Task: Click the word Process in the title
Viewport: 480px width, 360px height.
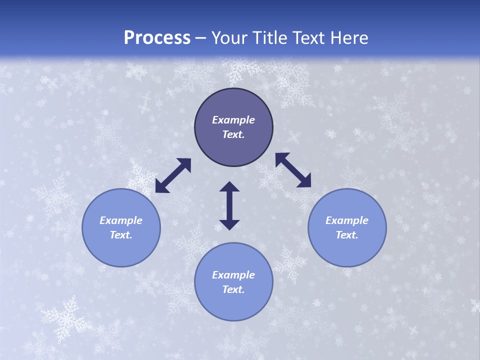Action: (157, 37)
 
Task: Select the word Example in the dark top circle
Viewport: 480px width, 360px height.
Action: (233, 120)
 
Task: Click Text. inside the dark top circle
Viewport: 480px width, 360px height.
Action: (233, 134)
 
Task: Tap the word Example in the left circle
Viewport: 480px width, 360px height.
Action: (121, 220)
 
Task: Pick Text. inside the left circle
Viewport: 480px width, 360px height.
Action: (121, 235)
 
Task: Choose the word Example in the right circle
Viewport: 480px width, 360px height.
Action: (347, 220)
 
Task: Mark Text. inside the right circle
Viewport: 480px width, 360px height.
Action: (347, 235)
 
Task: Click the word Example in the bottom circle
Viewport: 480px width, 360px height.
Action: (233, 275)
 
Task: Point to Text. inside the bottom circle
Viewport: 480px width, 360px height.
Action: (233, 289)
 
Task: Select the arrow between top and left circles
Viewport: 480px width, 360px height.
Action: (173, 175)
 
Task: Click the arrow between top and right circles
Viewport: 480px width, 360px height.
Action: (293, 170)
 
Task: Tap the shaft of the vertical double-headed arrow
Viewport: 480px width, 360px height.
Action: (229, 205)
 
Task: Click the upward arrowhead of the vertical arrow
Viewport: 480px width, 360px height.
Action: (229, 187)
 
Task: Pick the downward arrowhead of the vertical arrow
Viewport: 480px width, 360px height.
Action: (229, 224)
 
